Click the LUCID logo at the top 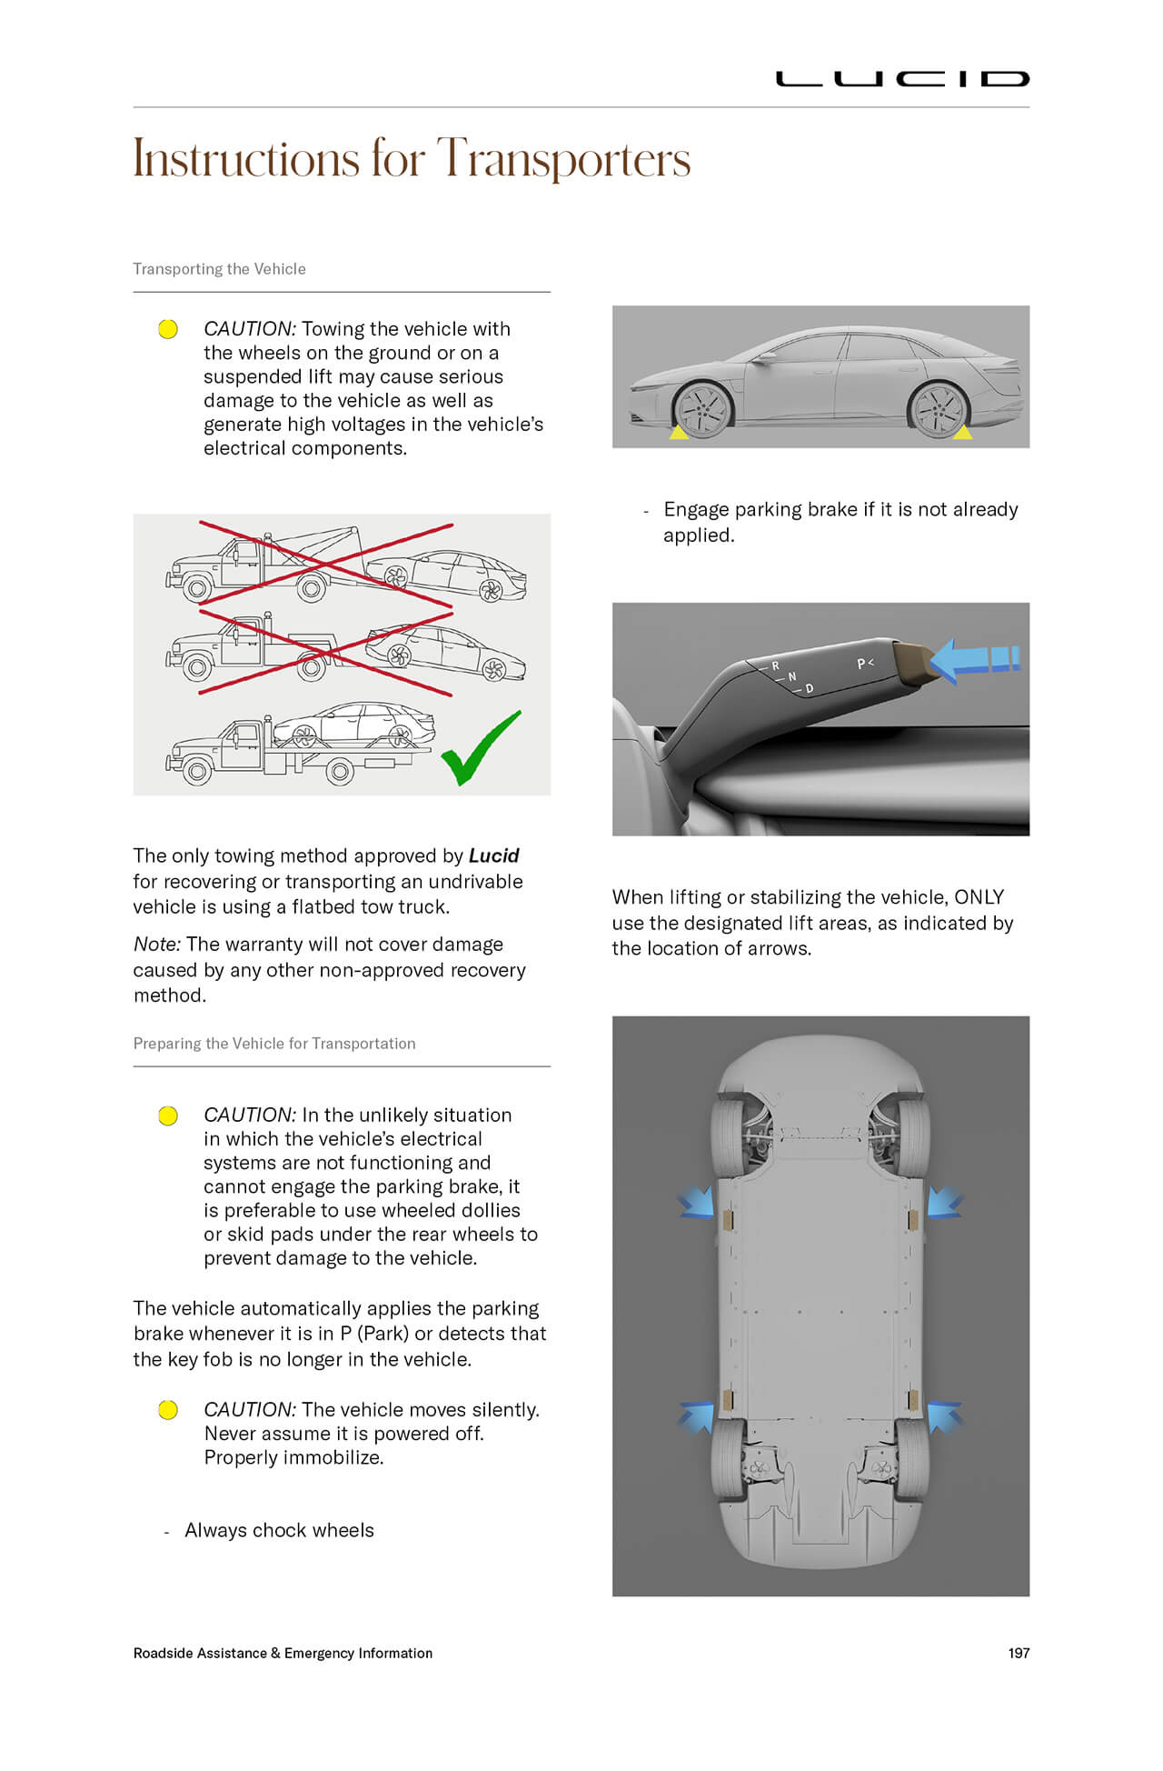pos(901,79)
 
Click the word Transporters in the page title pos(563,159)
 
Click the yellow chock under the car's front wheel pos(679,434)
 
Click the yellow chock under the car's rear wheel pos(962,433)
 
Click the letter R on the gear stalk pos(776,665)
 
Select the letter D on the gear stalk pos(809,689)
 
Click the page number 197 pos(1019,1653)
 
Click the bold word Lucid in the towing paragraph pos(493,855)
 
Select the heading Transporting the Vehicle pos(219,269)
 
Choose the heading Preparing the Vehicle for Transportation pos(273,1044)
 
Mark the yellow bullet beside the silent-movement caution pos(168,1410)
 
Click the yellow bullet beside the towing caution pos(168,329)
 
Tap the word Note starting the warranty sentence pos(156,945)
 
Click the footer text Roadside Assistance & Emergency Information pos(283,1653)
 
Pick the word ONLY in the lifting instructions pos(979,897)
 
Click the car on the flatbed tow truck pos(354,725)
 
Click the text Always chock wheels pos(279,1530)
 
